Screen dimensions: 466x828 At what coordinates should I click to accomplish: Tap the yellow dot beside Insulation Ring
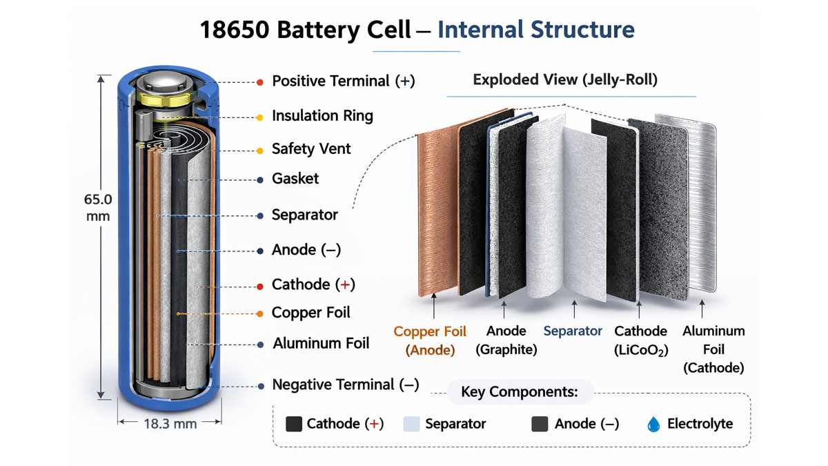tap(259, 117)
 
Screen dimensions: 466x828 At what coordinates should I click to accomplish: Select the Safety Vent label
tap(311, 149)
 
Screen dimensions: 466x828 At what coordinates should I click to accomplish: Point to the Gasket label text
tap(295, 179)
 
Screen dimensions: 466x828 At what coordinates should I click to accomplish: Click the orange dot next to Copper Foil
tap(259, 313)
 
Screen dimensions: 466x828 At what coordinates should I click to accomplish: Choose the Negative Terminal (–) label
tap(345, 385)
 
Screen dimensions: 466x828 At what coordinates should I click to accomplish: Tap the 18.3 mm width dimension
tap(170, 424)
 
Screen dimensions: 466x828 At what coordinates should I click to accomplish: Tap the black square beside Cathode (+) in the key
tap(294, 424)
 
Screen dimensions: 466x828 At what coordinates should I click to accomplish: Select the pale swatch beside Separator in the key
tap(412, 424)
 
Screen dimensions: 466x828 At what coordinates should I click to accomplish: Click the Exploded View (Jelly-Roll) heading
tap(565, 80)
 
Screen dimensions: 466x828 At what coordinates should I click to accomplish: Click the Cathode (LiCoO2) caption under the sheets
tap(641, 341)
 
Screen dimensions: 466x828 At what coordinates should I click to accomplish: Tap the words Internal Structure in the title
tap(536, 30)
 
